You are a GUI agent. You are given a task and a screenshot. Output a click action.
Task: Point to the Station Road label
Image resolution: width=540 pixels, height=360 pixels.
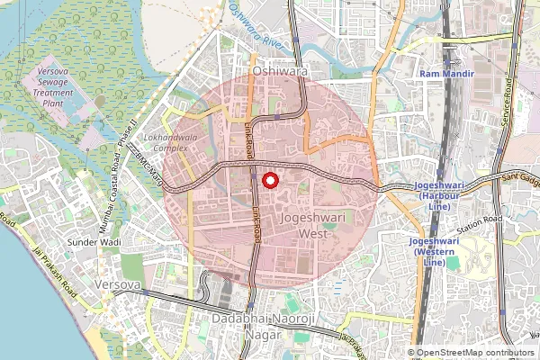tap(479, 225)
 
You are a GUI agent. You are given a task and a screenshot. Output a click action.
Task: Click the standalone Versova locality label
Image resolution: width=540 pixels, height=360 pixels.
tap(116, 284)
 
